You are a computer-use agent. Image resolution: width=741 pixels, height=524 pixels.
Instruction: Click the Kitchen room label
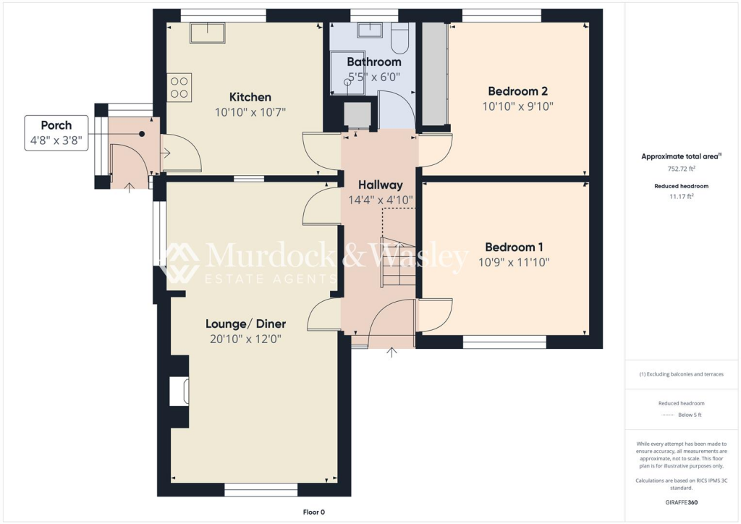click(250, 97)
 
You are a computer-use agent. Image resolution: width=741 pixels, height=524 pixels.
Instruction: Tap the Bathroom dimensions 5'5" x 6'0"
click(373, 77)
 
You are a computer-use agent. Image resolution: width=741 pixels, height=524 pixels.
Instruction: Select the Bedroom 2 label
click(517, 91)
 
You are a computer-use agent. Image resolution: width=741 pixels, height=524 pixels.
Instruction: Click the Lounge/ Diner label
click(245, 324)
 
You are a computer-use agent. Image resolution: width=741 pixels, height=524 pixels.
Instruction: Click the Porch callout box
click(56, 132)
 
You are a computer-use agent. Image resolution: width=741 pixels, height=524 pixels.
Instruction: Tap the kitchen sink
click(208, 33)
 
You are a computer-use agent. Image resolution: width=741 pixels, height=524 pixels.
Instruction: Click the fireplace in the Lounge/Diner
click(179, 392)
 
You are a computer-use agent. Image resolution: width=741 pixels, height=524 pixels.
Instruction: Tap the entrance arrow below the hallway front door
click(392, 352)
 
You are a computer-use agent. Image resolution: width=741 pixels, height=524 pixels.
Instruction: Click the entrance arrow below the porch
click(129, 187)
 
